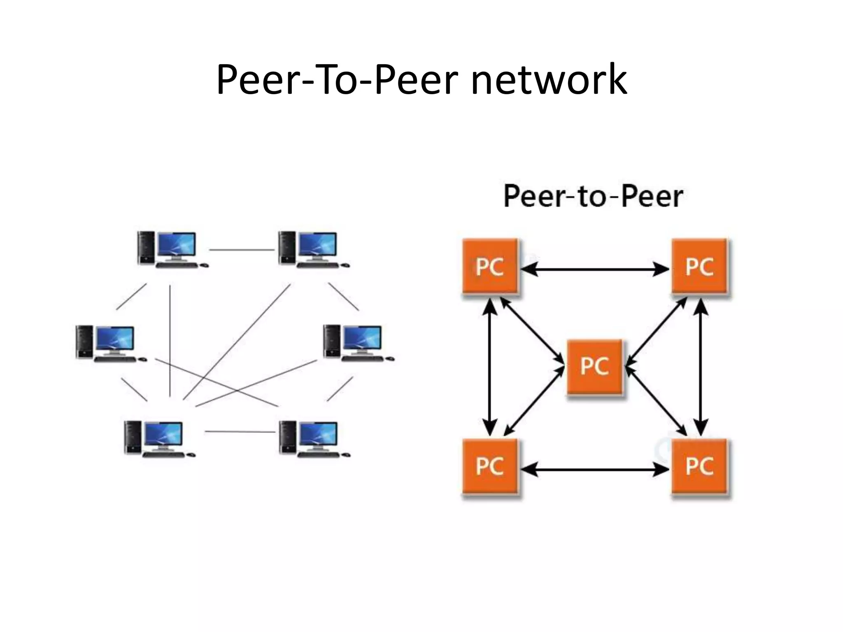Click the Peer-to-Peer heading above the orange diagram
pyautogui.click(x=593, y=196)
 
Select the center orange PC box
pyautogui.click(x=594, y=366)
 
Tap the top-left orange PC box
pyautogui.click(x=490, y=267)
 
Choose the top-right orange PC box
pyautogui.click(x=699, y=267)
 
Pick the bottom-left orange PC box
pyautogui.click(x=490, y=467)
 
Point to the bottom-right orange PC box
pyautogui.click(x=699, y=467)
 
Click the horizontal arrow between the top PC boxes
pyautogui.click(x=594, y=270)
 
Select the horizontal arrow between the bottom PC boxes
pyautogui.click(x=594, y=469)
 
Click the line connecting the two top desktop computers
pyautogui.click(x=242, y=250)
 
